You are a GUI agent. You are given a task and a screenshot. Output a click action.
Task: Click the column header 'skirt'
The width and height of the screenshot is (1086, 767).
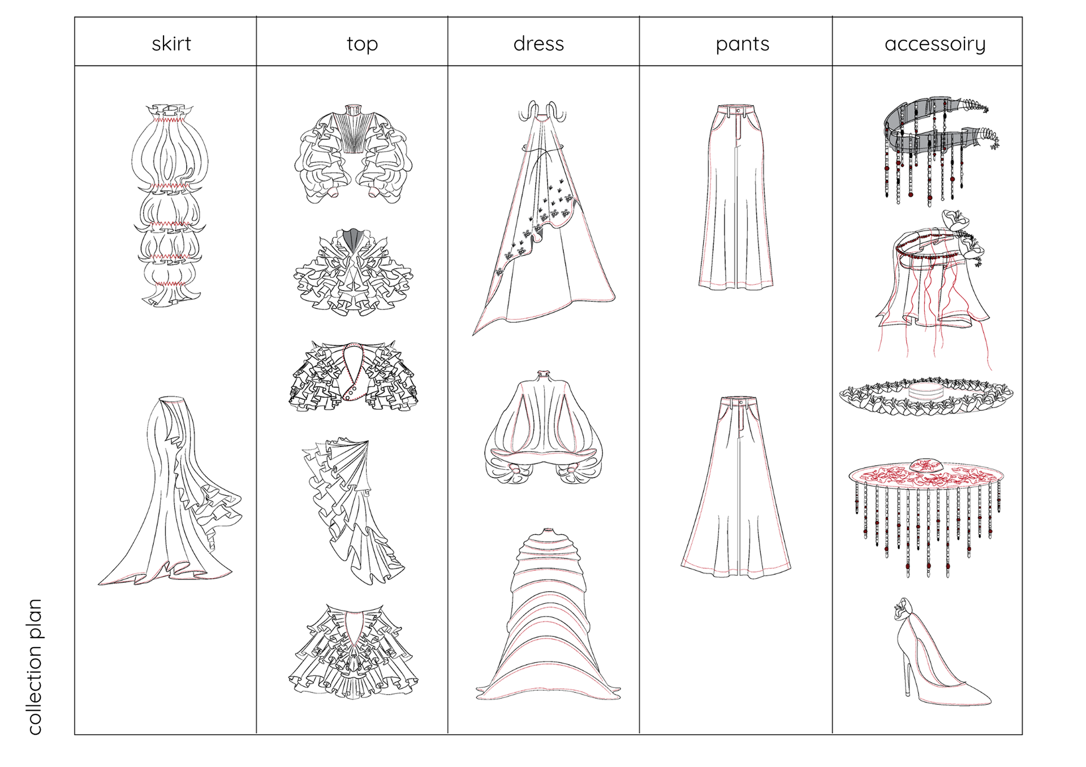pos(171,44)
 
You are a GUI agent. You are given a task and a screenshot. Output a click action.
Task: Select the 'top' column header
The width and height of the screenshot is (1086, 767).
pos(362,44)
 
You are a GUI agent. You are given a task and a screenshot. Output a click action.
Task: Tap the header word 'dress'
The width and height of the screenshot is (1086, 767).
pos(538,44)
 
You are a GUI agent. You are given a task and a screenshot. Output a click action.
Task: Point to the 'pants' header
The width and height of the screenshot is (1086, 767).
pos(742,44)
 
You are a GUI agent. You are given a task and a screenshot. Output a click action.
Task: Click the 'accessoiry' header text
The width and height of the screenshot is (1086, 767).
pos(935,44)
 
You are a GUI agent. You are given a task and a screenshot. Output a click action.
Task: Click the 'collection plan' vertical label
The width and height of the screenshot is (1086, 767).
pos(35,667)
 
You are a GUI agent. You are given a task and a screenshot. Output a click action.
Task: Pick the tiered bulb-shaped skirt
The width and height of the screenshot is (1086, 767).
pos(170,203)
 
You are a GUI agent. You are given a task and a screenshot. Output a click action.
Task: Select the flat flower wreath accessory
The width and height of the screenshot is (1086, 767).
pos(926,396)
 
